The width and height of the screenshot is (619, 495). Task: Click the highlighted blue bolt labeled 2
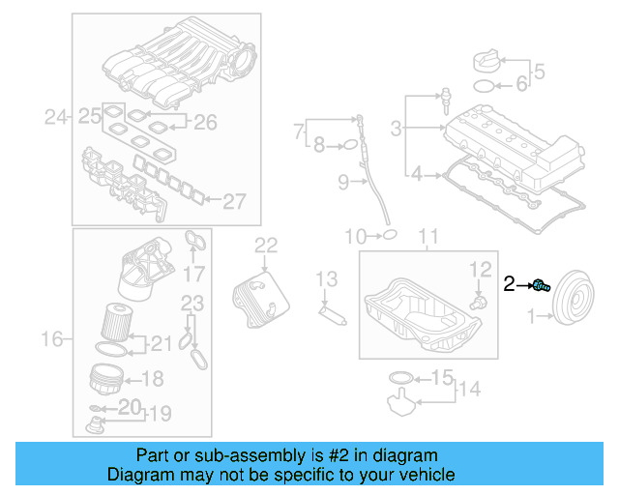pos(542,284)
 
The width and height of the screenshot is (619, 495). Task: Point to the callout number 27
pos(235,201)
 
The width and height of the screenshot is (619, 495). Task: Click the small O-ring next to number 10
pos(387,235)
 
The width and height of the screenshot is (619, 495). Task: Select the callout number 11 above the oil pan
pos(427,236)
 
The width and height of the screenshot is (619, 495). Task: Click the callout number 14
pos(469,390)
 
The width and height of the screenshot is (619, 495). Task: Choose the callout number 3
pos(396,127)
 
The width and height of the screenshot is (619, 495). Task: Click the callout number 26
pos(206,122)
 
